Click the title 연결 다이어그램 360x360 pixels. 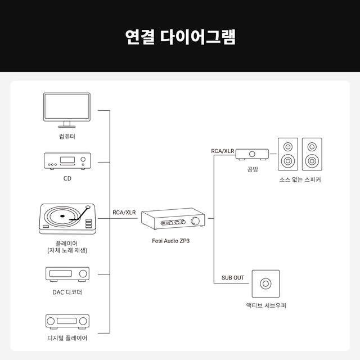pyautogui.click(x=180, y=37)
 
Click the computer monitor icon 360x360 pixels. pyautogui.click(x=67, y=110)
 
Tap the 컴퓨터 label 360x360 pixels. pyautogui.click(x=67, y=136)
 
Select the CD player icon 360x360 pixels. pyautogui.click(x=67, y=161)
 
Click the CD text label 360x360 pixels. pyautogui.click(x=67, y=179)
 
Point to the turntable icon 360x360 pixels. pyautogui.click(x=67, y=219)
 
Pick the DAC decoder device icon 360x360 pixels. pyautogui.click(x=67, y=274)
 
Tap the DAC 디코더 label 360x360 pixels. pyautogui.click(x=67, y=292)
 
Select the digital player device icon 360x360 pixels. pyautogui.click(x=67, y=321)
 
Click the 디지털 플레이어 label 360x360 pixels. pyautogui.click(x=67, y=339)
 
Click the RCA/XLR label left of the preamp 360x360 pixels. pyautogui.click(x=124, y=213)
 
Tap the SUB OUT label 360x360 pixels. pyautogui.click(x=232, y=278)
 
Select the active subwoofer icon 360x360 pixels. pyautogui.click(x=266, y=284)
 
